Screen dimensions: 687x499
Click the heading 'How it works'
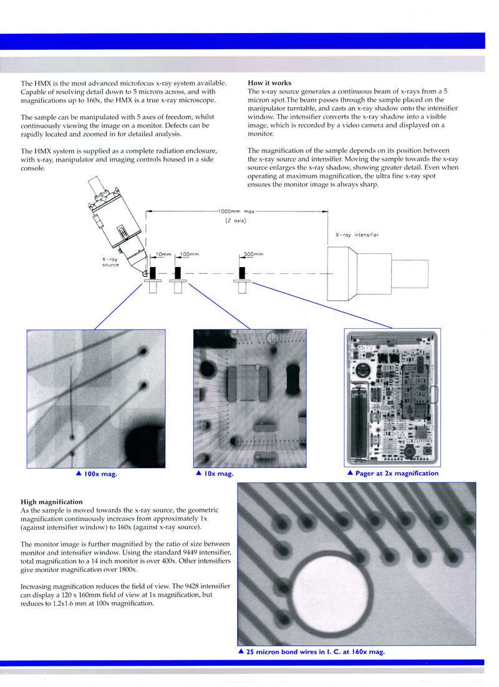269,83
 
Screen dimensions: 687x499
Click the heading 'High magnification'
52,502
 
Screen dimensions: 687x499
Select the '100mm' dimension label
190,255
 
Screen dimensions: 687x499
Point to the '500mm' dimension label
253,255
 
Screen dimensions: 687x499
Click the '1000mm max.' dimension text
238,211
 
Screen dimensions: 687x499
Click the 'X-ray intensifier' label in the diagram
357,235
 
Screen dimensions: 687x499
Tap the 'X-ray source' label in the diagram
110,262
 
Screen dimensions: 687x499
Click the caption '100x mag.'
99,474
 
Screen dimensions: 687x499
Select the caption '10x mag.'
218,474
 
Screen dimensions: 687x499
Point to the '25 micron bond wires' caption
315,651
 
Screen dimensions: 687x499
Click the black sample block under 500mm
243,273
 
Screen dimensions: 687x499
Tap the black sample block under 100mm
178,273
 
